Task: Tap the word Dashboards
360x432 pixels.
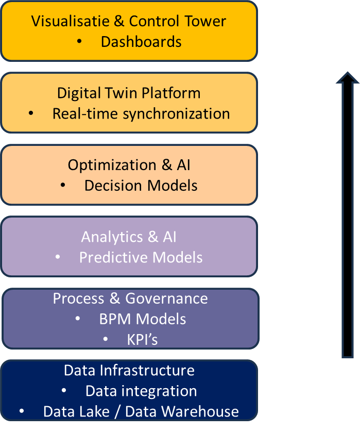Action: (141, 42)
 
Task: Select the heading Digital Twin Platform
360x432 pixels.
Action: (129, 93)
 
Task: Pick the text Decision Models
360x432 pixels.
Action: (141, 186)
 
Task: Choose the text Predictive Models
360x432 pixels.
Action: (141, 257)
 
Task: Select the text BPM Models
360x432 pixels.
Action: (143, 319)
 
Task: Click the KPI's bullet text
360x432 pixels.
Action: (142, 340)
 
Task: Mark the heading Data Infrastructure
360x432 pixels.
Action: (129, 370)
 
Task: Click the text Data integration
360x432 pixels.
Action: (141, 391)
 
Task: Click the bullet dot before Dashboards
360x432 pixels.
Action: (79, 42)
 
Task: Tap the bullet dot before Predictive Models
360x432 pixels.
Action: (58, 257)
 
